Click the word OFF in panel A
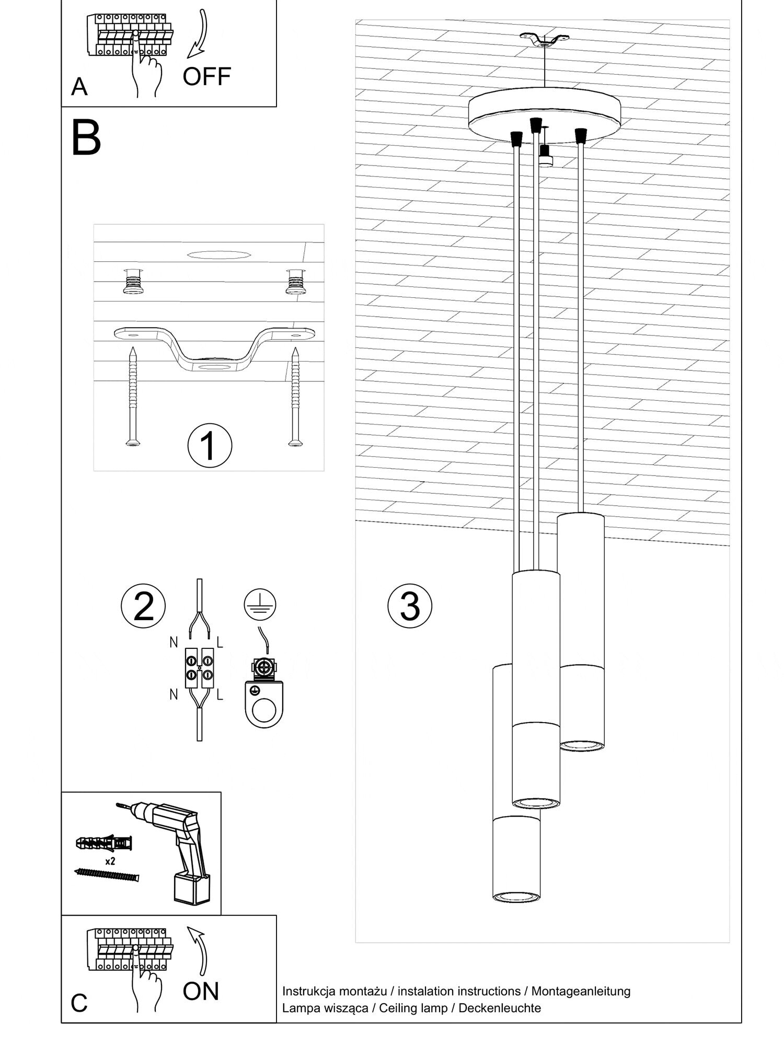click(206, 76)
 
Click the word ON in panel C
click(201, 991)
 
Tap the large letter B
click(86, 137)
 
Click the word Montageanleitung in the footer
click(581, 991)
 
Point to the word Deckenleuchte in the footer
click(500, 1008)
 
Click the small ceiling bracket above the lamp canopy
click(545, 40)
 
